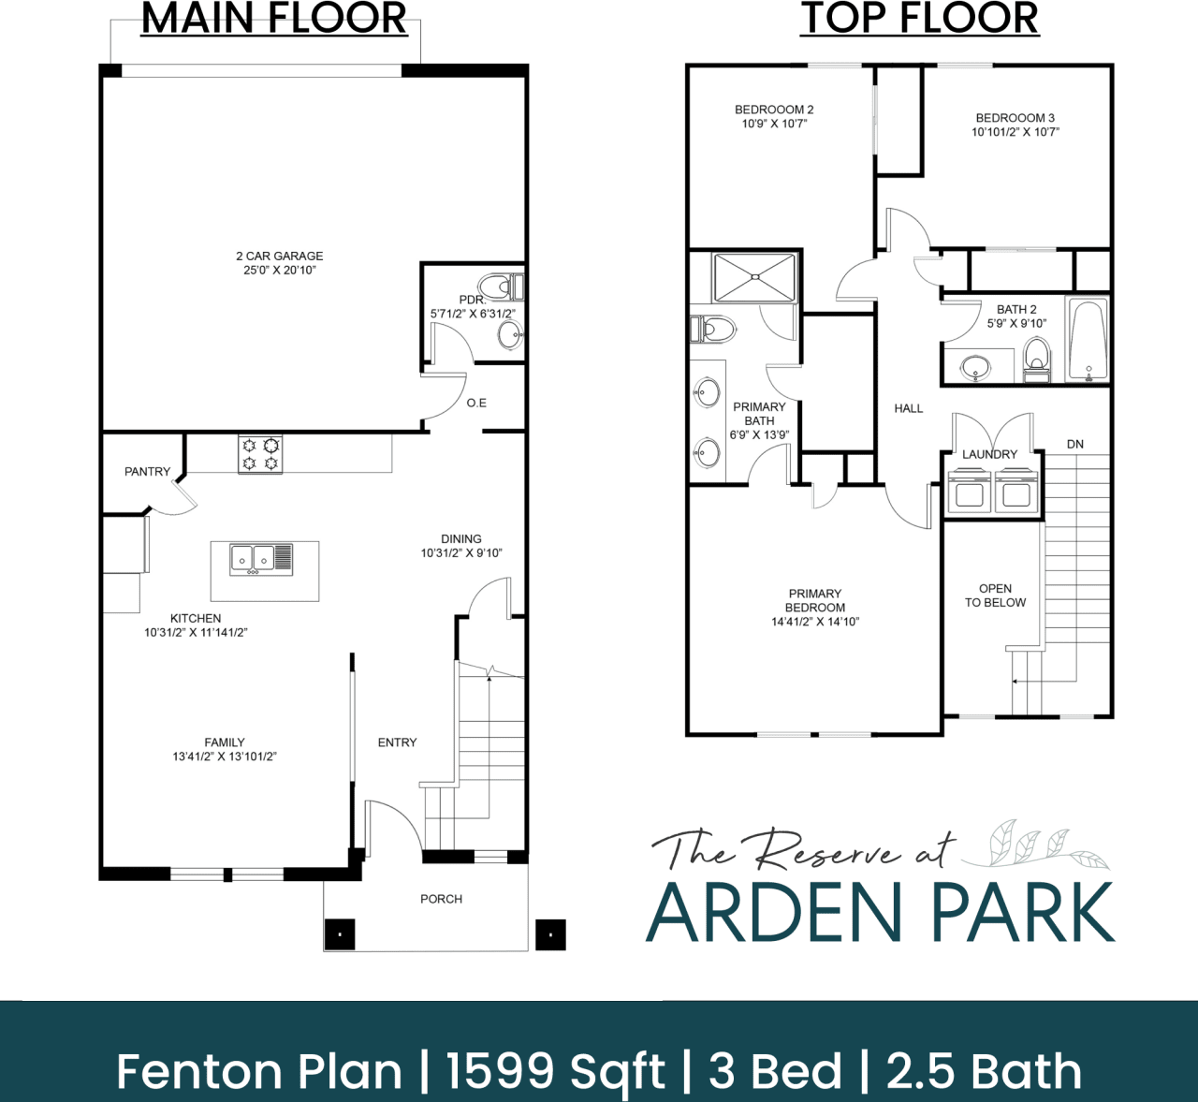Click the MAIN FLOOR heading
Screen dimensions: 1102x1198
coord(274,19)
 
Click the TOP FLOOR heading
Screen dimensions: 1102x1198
coord(919,19)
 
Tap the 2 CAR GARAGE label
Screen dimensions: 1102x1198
coord(279,256)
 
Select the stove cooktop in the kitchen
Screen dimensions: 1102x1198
coord(260,454)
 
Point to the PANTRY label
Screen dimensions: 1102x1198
coord(147,472)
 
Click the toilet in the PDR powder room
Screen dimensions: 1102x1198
coord(496,287)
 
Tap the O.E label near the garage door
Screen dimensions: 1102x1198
coord(476,403)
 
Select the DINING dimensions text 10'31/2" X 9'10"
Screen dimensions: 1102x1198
coord(460,553)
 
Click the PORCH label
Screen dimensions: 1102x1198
coord(441,899)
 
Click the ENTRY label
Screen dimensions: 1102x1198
coord(397,742)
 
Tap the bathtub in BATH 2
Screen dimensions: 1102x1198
coord(1088,341)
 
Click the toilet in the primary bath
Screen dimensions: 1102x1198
coord(714,330)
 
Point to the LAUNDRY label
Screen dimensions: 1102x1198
coord(989,454)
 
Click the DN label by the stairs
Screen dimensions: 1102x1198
coord(1074,444)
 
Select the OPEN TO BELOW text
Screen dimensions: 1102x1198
coord(995,595)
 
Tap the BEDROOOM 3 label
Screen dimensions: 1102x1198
coord(1015,118)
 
